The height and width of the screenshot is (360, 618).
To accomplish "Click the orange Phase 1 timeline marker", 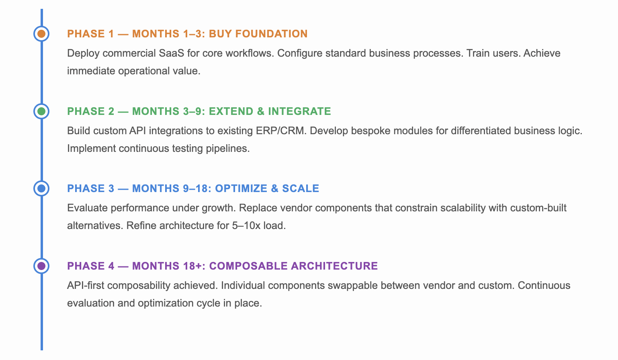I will (x=41, y=34).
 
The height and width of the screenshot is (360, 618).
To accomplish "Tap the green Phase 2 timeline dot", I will (x=41, y=111).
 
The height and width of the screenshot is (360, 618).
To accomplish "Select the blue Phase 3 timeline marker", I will (x=41, y=188).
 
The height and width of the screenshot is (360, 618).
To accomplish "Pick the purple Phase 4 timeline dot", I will (x=41, y=266).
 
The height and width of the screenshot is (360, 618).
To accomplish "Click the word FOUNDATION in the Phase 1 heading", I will (x=271, y=34).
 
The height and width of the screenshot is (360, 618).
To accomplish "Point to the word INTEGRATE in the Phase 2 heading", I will (x=299, y=111).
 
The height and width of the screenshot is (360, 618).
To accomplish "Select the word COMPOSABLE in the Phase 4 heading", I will (x=248, y=266).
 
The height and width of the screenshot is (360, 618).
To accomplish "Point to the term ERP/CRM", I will (x=280, y=131).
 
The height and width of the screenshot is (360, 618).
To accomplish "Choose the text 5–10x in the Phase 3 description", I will (x=246, y=225).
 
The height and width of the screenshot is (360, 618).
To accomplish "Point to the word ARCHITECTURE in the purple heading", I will (x=334, y=266).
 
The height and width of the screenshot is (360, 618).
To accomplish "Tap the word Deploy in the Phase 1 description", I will (x=80, y=53).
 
